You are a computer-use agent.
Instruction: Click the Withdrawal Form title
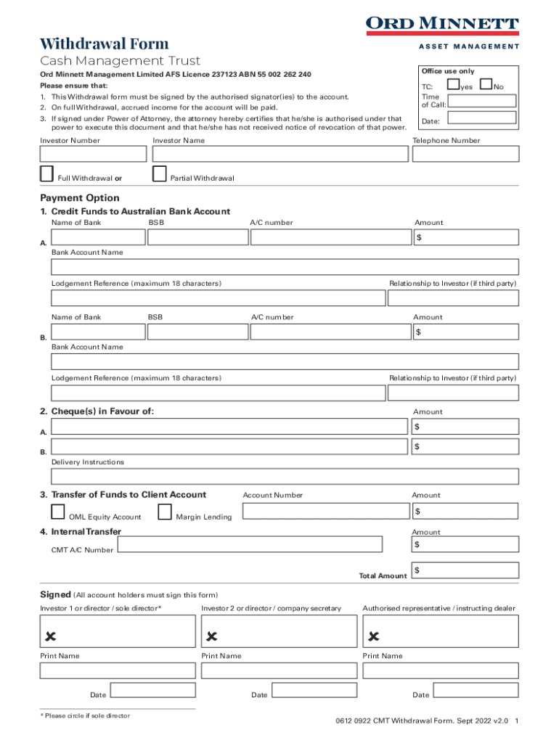(105, 43)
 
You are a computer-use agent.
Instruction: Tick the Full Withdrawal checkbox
(46, 173)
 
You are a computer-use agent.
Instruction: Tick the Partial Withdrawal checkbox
(160, 173)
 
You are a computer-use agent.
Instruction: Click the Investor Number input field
(93, 154)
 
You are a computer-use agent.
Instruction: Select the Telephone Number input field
(465, 154)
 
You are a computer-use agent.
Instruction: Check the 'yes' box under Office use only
(454, 86)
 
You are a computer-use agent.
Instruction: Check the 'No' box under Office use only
(486, 86)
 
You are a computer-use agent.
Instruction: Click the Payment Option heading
(80, 198)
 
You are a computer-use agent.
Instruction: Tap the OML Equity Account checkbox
(58, 512)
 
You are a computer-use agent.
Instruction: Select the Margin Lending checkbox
(165, 512)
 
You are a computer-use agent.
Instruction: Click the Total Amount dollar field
(465, 570)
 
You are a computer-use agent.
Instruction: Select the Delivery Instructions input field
(285, 477)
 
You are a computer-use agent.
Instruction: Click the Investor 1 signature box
(118, 631)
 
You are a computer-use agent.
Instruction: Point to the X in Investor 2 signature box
(212, 636)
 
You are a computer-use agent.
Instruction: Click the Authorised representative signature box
(441, 631)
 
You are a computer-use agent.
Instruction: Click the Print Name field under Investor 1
(118, 670)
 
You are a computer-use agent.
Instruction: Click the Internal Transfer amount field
(465, 544)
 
